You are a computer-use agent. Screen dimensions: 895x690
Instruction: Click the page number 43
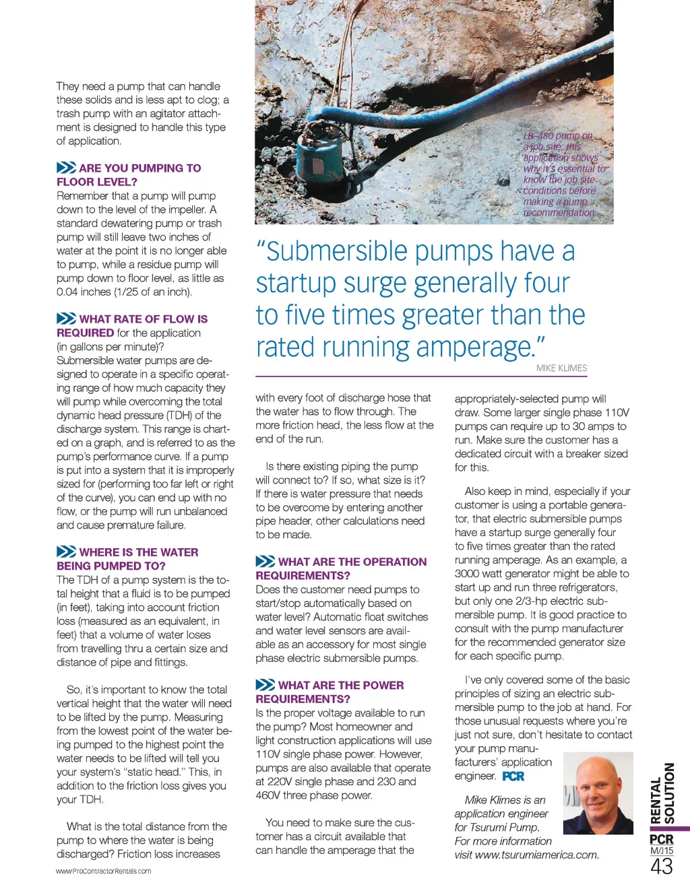click(661, 866)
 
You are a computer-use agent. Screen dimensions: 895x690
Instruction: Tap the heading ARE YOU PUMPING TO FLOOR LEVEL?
click(129, 175)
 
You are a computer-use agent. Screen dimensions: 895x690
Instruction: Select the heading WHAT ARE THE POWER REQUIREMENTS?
click(330, 692)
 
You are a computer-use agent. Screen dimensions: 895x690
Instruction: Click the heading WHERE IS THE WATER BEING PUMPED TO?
click(127, 559)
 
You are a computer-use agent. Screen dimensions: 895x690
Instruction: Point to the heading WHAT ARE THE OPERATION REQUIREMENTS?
click(341, 568)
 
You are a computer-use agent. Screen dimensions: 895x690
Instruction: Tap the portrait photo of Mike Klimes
click(598, 793)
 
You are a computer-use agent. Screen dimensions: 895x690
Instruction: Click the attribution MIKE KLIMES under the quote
click(561, 368)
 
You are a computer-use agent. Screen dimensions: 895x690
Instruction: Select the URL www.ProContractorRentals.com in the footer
click(104, 871)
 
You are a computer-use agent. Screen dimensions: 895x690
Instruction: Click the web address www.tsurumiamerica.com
click(536, 855)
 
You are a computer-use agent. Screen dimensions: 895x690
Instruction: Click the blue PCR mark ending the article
click(513, 776)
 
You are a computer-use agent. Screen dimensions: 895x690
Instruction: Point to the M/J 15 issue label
click(661, 851)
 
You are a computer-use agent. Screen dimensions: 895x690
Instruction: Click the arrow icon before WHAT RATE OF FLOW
click(66, 319)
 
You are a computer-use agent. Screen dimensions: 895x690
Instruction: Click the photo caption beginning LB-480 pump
click(563, 174)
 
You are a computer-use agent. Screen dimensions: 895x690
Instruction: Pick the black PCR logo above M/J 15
click(661, 839)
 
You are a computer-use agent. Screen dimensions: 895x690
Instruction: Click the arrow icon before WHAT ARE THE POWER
click(265, 685)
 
